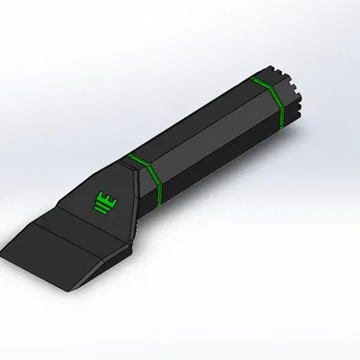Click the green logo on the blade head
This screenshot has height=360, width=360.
point(105,201)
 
